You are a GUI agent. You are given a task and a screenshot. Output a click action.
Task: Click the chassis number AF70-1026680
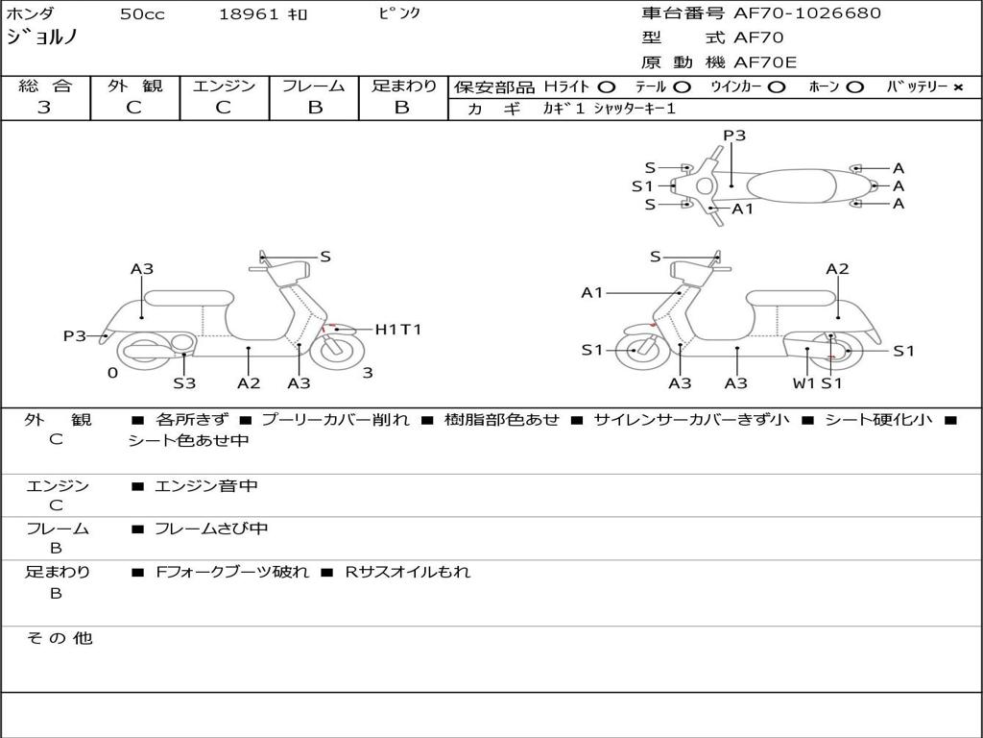click(806, 13)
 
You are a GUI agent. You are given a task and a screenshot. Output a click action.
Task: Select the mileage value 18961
click(248, 14)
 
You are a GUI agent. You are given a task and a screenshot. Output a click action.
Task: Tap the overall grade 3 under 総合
click(44, 108)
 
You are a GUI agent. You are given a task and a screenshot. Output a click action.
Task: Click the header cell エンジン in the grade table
click(224, 86)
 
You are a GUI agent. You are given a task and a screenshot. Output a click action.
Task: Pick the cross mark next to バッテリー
click(958, 87)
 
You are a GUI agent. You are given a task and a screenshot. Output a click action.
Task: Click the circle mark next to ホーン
click(854, 87)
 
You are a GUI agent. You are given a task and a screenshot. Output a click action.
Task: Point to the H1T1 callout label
click(398, 330)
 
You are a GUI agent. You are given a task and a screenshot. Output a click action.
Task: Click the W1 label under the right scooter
click(803, 382)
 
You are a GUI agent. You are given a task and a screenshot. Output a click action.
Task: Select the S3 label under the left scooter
click(184, 382)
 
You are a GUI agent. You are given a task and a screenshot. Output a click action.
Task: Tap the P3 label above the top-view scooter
click(734, 135)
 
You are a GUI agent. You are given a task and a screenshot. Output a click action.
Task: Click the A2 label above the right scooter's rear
click(837, 269)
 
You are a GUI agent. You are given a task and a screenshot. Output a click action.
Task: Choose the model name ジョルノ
click(42, 37)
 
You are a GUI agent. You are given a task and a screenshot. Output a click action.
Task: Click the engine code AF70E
click(765, 62)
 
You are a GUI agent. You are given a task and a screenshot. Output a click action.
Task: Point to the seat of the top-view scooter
click(791, 185)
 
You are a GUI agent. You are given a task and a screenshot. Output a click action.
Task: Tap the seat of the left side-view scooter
click(189, 298)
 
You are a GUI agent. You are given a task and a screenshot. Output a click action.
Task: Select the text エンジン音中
click(205, 485)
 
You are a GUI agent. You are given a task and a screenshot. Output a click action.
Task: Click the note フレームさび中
click(211, 529)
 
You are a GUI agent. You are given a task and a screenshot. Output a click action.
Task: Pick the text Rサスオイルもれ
click(407, 572)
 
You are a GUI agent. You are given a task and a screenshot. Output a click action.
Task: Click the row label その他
click(60, 638)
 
